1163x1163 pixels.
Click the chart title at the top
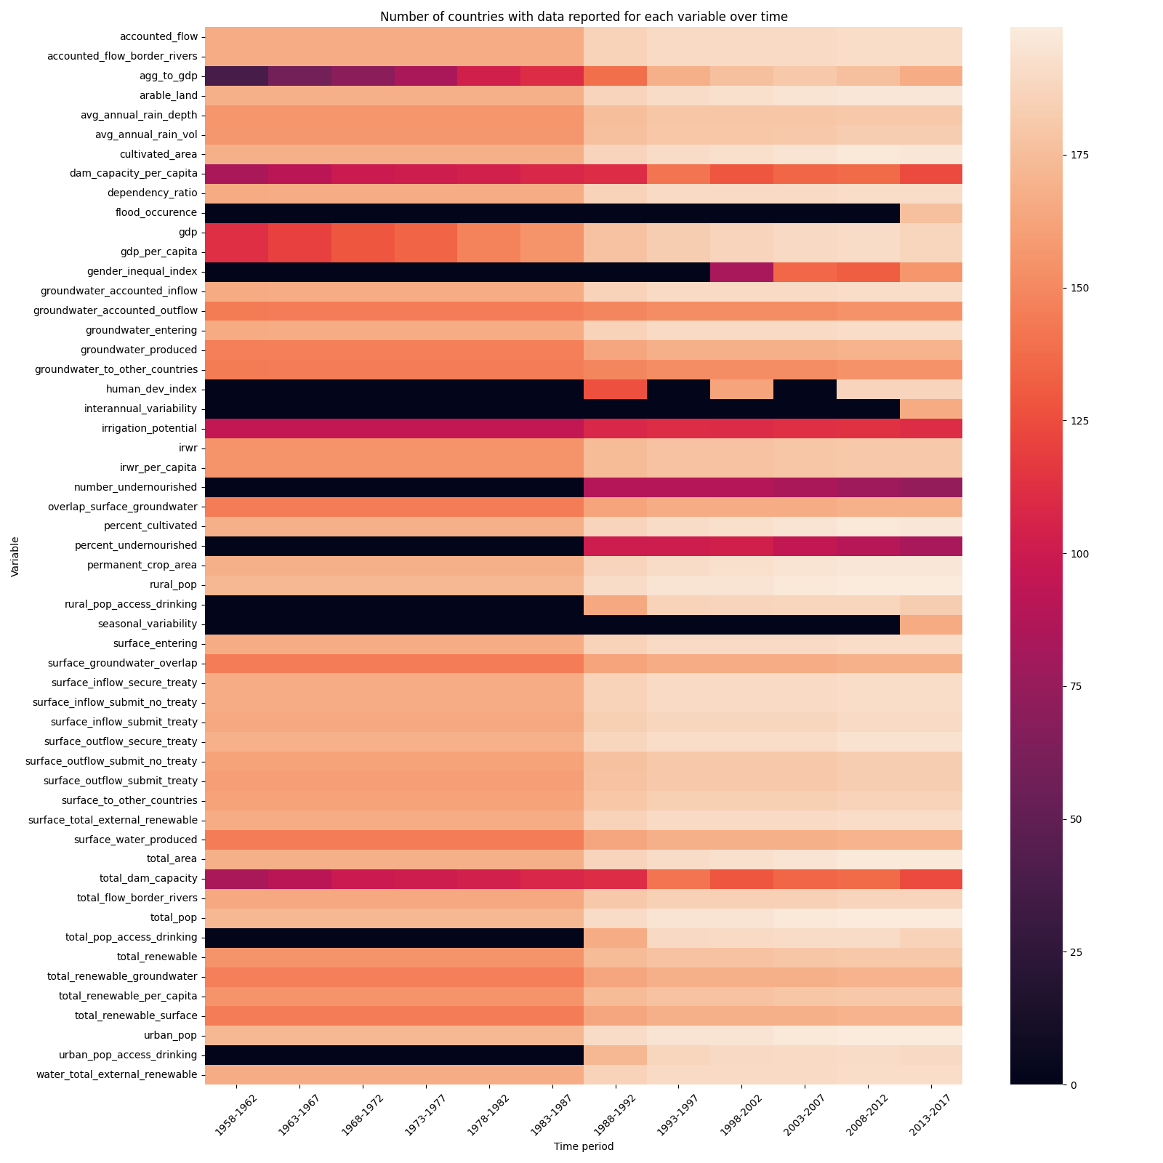(584, 17)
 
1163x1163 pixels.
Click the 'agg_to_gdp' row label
(168, 76)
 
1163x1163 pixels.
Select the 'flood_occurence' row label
(156, 213)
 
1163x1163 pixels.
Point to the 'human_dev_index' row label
(150, 389)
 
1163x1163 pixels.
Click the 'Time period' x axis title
(584, 1146)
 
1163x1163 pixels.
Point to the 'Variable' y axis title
(15, 557)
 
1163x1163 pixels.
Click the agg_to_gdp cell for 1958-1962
(237, 76)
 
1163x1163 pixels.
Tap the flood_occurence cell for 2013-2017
(931, 213)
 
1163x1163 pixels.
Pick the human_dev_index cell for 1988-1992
(616, 389)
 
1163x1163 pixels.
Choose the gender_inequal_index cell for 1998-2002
(741, 272)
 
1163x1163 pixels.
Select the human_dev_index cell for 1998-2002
(741, 389)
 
